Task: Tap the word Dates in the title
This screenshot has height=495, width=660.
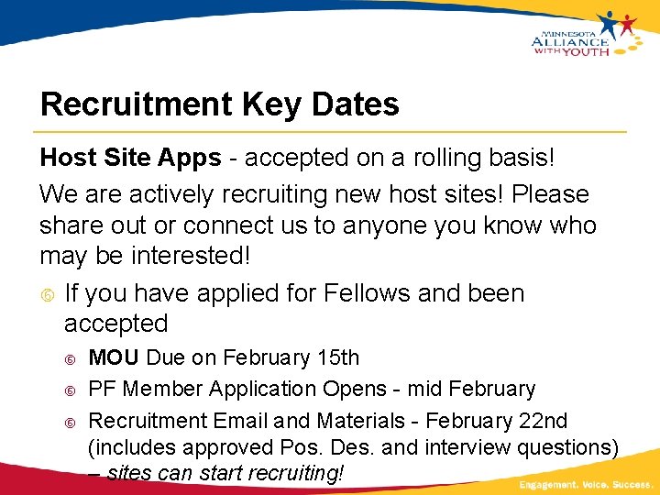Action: (x=356, y=104)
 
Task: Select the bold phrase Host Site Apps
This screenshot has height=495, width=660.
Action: (x=130, y=158)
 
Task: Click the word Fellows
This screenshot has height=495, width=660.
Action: (x=367, y=293)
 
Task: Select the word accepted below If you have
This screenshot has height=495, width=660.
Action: (x=115, y=324)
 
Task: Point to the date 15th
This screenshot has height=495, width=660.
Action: (x=336, y=357)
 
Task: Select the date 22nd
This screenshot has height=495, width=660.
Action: (x=544, y=421)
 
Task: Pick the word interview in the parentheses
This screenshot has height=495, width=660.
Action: (x=467, y=447)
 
